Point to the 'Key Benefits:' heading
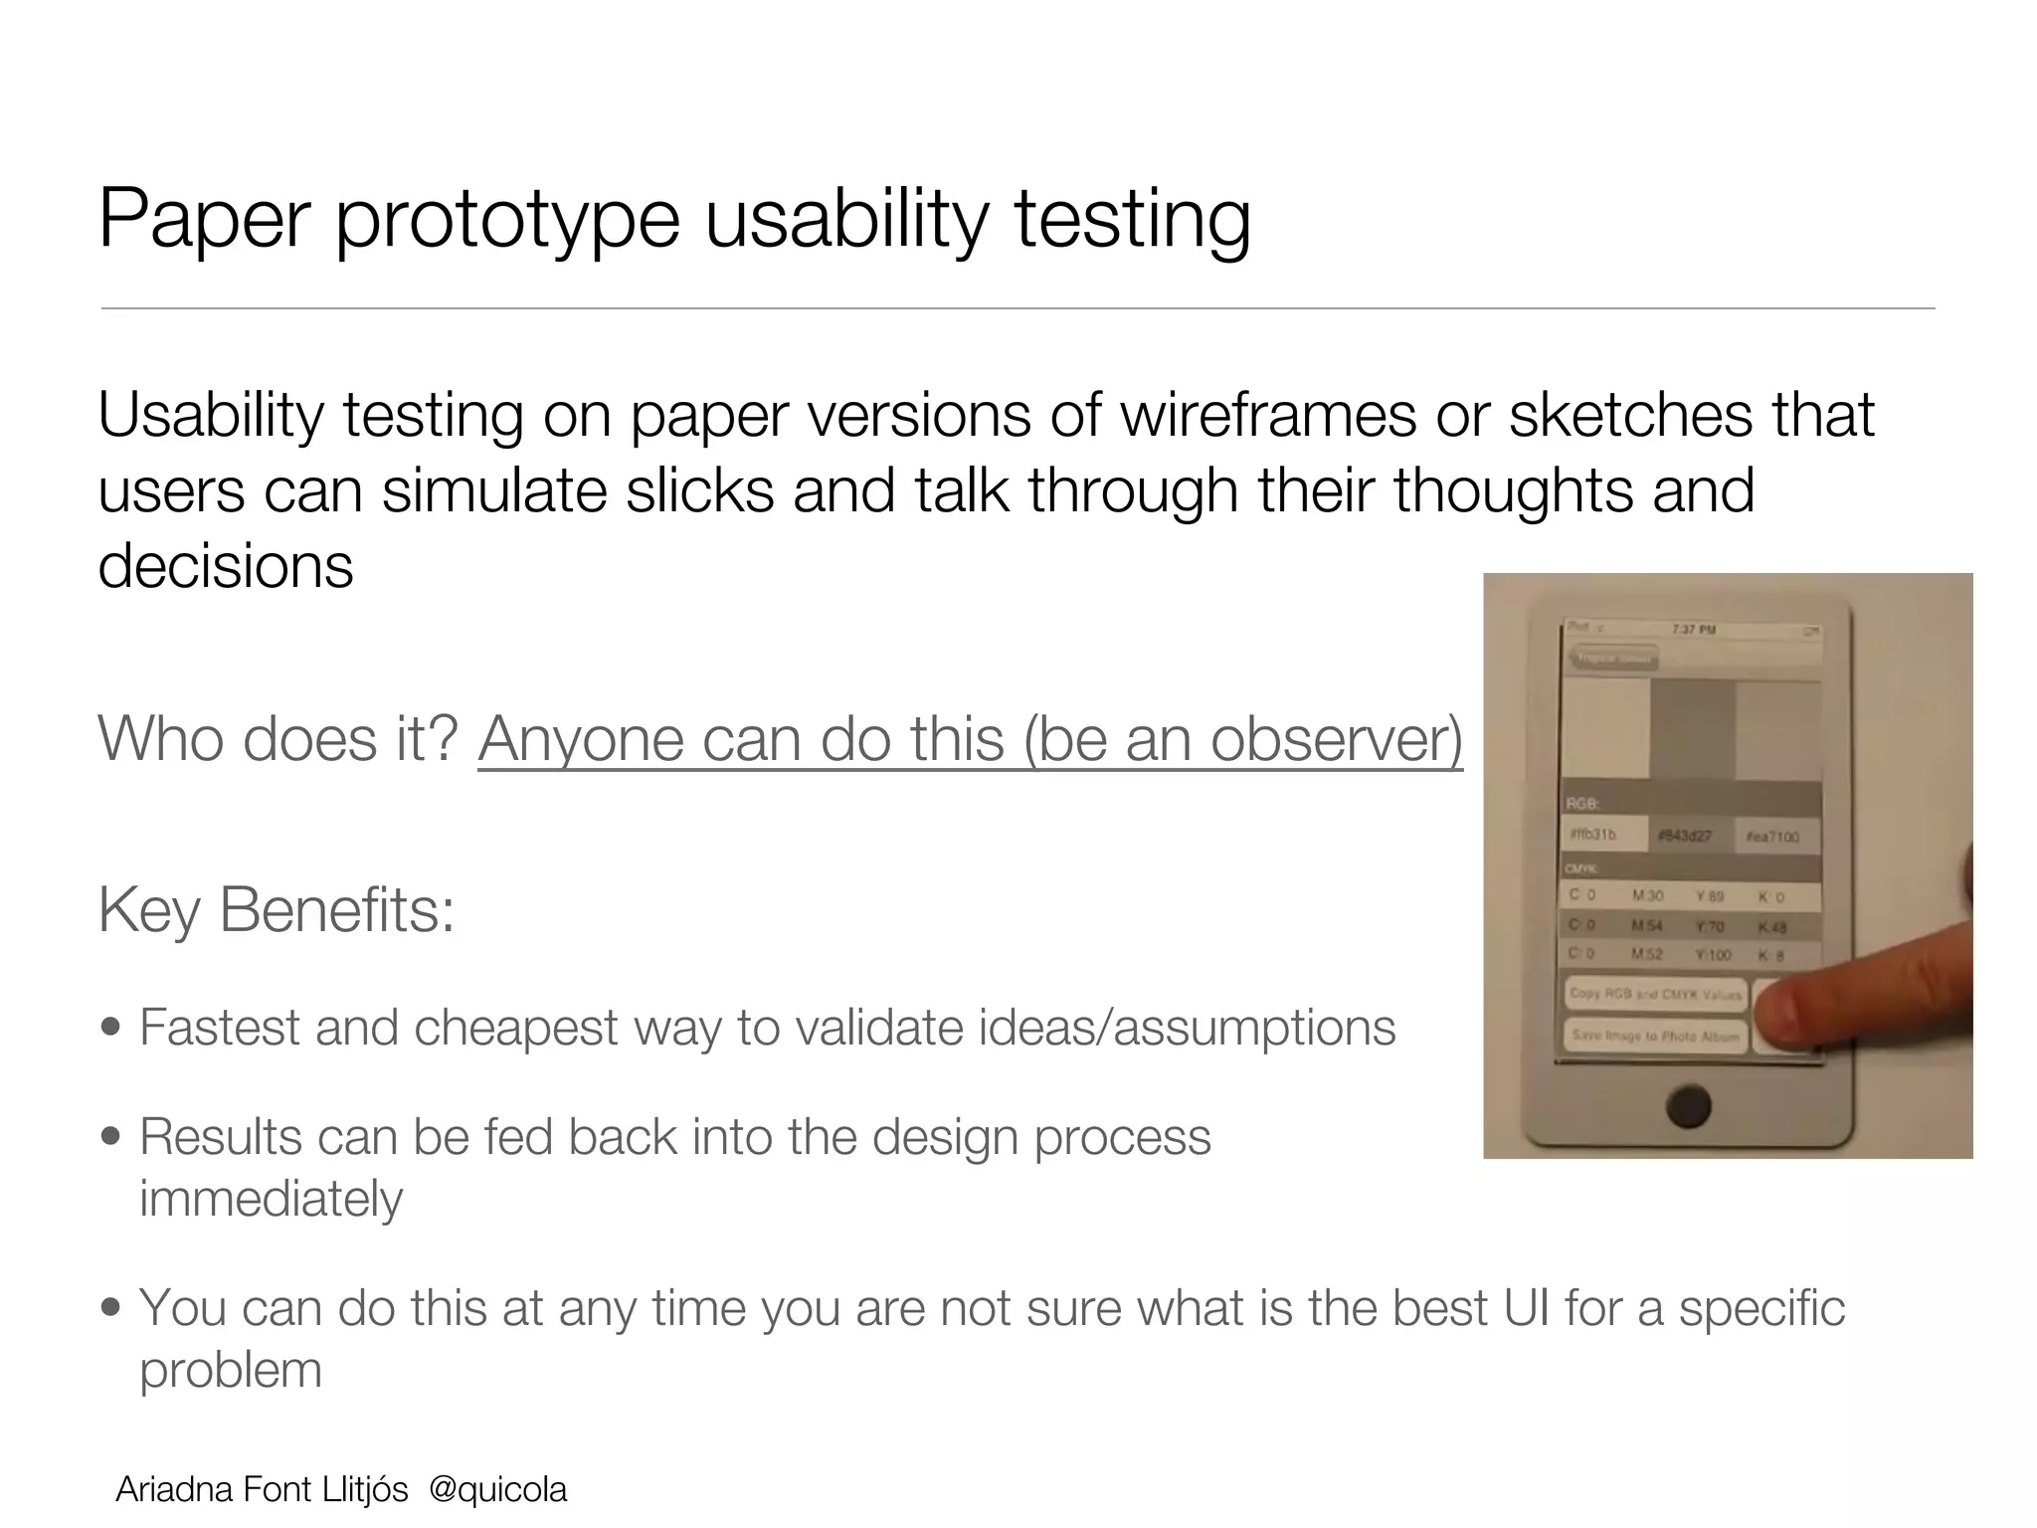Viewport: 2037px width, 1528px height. coord(277,909)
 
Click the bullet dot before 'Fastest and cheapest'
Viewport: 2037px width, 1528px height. coord(111,1028)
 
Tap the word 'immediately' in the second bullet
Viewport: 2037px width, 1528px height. coord(271,1199)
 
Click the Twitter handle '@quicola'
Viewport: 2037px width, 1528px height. coord(497,1489)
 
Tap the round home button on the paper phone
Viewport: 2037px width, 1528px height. coord(1687,1106)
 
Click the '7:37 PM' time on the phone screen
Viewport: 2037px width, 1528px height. coord(1693,630)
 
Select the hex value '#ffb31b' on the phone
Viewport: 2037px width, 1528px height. coord(1593,836)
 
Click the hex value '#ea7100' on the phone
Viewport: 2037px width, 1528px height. coord(1772,837)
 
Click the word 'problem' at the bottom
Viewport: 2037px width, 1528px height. coord(231,1371)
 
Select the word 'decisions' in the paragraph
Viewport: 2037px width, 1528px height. coord(226,566)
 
